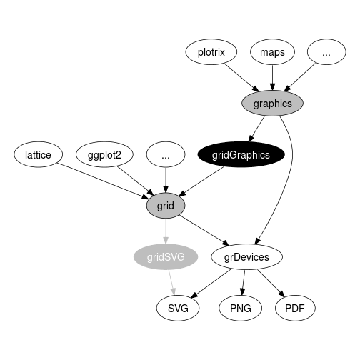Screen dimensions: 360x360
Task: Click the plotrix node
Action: (x=211, y=52)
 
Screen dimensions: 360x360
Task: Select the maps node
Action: (x=272, y=52)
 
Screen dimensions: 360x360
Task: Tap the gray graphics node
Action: (x=272, y=104)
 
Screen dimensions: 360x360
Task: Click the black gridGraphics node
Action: (x=241, y=154)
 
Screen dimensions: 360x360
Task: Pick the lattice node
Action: (x=38, y=154)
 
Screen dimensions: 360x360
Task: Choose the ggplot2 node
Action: (x=104, y=154)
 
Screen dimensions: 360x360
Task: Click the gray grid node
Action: (x=166, y=206)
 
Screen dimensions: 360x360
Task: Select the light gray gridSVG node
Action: (x=166, y=257)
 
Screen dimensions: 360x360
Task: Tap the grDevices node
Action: (x=246, y=257)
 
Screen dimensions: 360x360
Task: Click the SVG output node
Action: (x=178, y=309)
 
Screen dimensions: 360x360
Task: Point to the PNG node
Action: (x=241, y=309)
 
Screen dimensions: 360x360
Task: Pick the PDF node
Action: (x=295, y=309)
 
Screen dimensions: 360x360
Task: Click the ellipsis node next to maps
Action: (x=326, y=52)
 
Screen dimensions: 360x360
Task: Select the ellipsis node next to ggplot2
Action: (x=166, y=154)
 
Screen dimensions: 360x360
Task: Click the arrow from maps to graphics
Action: (x=273, y=78)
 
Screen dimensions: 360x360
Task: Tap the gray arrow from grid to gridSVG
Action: (x=166, y=231)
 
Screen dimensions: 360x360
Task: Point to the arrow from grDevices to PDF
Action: (x=271, y=284)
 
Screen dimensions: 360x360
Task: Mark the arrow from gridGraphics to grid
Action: (x=201, y=181)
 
